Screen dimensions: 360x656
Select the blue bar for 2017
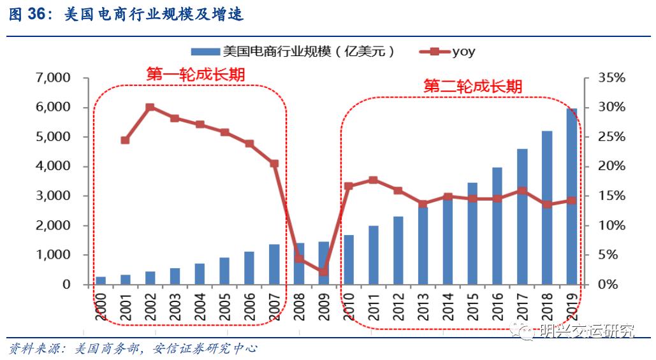coord(522,217)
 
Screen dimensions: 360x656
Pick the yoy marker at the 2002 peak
coord(150,108)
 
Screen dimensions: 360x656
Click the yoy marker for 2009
coord(324,271)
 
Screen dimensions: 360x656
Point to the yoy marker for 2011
coord(373,180)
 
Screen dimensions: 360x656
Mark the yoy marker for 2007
coord(274,164)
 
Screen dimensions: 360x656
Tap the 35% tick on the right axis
coord(612,78)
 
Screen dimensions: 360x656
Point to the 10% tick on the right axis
coord(612,226)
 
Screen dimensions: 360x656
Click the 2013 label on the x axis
coord(422,308)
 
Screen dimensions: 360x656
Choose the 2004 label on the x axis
coord(200,308)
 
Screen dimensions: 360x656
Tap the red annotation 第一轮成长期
coord(196,74)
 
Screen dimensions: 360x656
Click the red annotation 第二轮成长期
coord(472,86)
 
